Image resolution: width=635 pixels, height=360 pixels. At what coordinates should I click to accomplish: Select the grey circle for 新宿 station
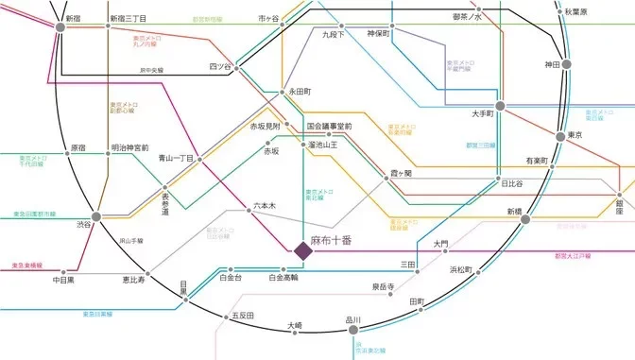point(61,27)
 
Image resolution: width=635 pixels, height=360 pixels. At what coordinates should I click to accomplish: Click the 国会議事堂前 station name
point(329,126)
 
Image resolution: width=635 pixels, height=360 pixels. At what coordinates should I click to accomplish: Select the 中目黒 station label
point(62,280)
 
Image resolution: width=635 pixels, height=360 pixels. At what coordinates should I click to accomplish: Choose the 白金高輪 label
point(283,279)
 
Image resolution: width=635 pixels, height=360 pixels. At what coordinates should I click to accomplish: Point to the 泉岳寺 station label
point(382,286)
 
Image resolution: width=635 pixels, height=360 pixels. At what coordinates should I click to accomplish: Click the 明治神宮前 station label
point(129,148)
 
